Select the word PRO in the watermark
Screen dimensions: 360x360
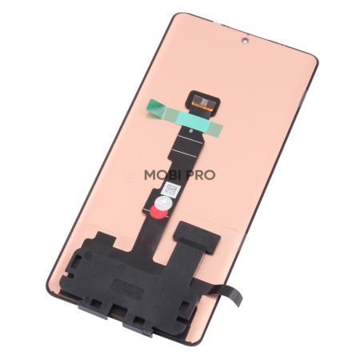200,175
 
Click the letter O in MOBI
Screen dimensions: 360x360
158,175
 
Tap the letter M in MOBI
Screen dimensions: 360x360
149,175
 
